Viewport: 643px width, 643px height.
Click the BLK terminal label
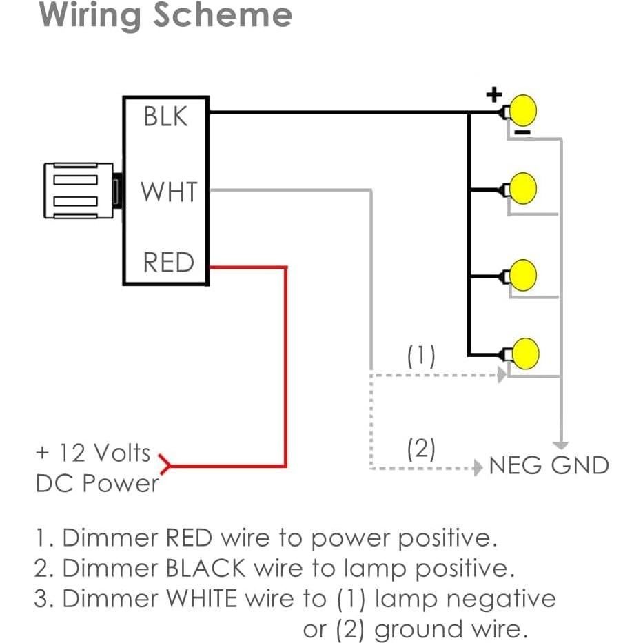point(165,116)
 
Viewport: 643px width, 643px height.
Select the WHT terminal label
point(169,192)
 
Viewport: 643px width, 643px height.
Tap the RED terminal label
point(168,263)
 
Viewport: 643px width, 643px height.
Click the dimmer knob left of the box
point(78,191)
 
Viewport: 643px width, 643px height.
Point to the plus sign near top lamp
point(493,94)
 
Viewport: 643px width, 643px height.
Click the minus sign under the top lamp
point(523,132)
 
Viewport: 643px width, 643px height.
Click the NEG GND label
point(549,466)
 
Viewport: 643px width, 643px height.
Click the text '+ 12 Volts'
point(92,453)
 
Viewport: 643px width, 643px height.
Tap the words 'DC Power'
point(96,483)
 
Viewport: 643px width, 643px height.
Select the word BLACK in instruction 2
point(205,568)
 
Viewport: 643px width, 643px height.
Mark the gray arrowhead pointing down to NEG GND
point(562,444)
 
